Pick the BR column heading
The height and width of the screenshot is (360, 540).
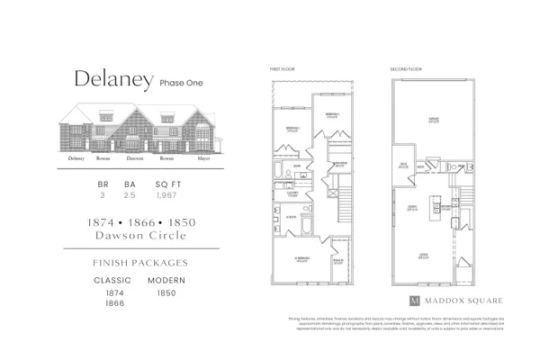point(103,184)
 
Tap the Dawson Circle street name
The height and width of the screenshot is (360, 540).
point(139,236)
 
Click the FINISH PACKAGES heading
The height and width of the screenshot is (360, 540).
point(139,263)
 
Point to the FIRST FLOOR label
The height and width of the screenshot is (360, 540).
point(281,69)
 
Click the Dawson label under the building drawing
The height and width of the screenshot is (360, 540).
point(135,158)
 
